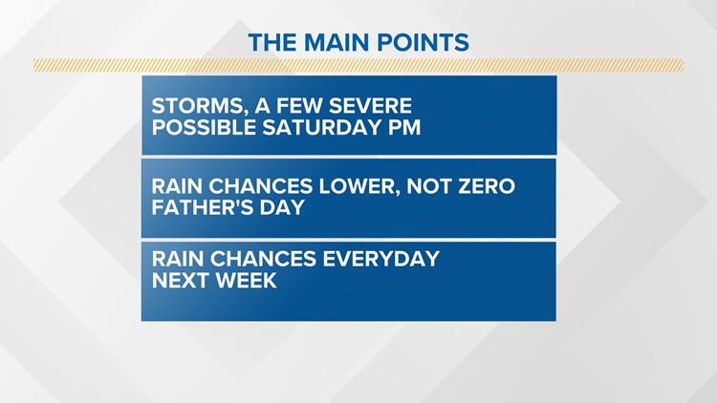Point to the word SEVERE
coord(370,106)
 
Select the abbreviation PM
coord(404,127)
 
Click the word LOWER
coord(358,187)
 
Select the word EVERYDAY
coord(381,259)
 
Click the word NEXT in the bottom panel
coord(180,280)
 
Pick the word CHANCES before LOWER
coord(261,186)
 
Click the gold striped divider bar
coord(358,65)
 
